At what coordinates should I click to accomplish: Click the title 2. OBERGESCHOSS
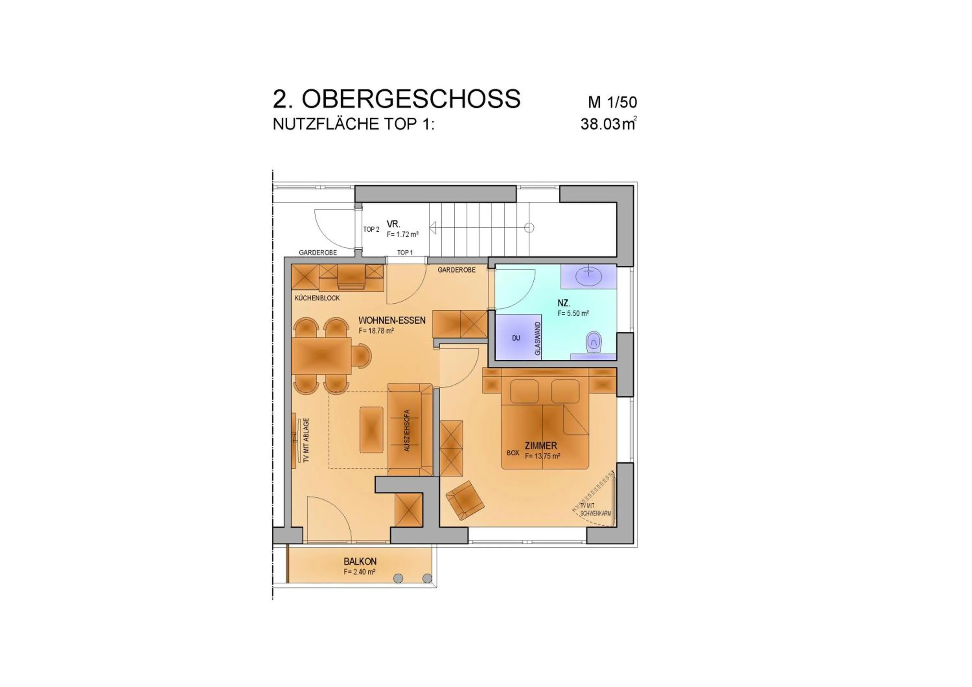pos(396,99)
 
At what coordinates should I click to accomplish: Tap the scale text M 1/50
pos(612,102)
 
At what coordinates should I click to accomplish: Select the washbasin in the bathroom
pos(588,277)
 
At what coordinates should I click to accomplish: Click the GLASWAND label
pos(538,338)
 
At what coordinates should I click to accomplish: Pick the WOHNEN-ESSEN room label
pos(392,320)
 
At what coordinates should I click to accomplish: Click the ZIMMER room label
pos(541,445)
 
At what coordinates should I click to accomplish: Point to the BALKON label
pos(360,561)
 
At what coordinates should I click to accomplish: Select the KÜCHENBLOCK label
pos(317,298)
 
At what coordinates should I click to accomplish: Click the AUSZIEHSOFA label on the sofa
pos(407,430)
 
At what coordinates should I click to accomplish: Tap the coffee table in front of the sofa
pos(371,430)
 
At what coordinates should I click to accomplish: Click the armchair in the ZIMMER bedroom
pos(465,500)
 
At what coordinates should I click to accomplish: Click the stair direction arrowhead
pos(433,228)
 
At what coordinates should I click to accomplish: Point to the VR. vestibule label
pos(393,224)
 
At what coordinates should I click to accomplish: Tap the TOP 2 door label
pos(371,229)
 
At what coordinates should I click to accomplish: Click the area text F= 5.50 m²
pos(573,313)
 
